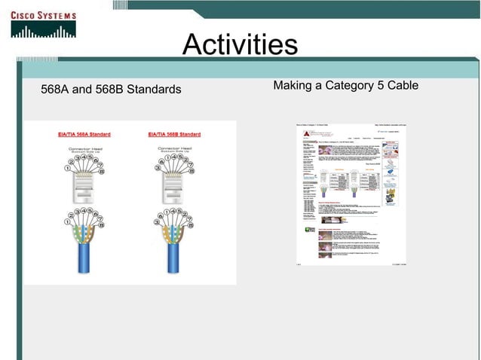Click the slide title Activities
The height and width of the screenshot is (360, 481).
tap(240, 45)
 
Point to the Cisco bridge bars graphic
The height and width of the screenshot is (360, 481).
tap(44, 29)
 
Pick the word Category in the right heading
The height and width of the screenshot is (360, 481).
tap(350, 85)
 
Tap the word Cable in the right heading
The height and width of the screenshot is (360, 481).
tap(402, 85)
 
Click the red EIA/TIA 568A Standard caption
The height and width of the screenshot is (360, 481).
tap(84, 134)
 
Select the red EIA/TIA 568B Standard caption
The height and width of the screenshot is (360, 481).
tap(174, 134)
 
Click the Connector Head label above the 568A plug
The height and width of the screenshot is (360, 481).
tap(84, 148)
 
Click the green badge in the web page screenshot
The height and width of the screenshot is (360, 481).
tap(310, 229)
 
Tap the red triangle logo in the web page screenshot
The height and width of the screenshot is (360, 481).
tap(307, 133)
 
